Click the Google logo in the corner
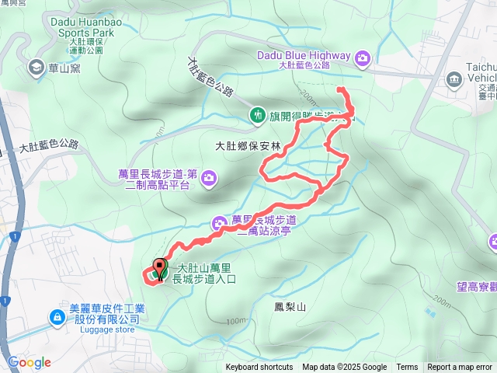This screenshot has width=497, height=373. pyautogui.click(x=30, y=362)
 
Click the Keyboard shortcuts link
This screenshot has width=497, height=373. pyautogui.click(x=259, y=368)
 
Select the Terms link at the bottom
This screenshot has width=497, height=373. pyautogui.click(x=407, y=368)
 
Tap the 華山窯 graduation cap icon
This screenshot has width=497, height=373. pyautogui.click(x=36, y=68)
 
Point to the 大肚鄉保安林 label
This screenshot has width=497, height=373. pyautogui.click(x=248, y=145)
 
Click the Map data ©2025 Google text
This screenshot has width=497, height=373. pyautogui.click(x=344, y=368)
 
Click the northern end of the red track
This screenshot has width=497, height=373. pyautogui.click(x=339, y=91)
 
